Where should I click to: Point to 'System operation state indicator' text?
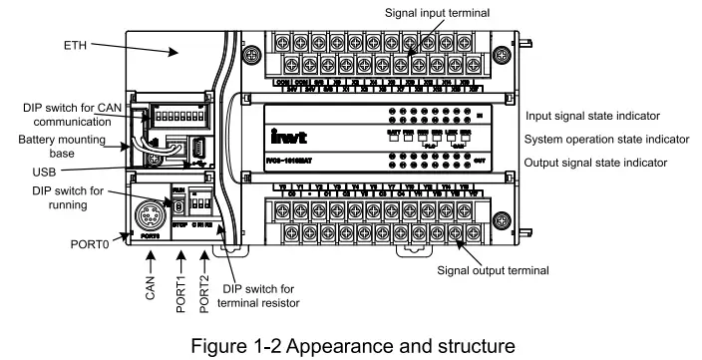(x=609, y=138)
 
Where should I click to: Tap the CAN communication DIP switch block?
(x=182, y=120)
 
